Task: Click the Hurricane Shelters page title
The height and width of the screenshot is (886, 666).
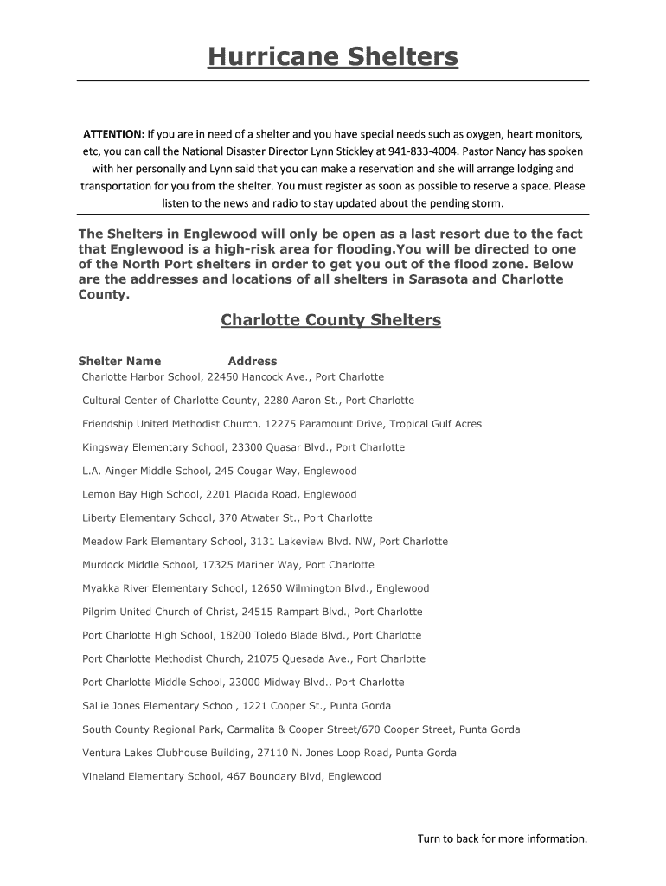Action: (x=333, y=58)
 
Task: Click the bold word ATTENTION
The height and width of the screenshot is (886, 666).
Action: (x=113, y=134)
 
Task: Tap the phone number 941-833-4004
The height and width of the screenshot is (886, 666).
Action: (x=420, y=151)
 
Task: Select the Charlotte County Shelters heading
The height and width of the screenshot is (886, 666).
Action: (x=330, y=321)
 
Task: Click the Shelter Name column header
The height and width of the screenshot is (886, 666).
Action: (x=119, y=361)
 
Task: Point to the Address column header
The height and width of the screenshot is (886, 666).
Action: (x=253, y=361)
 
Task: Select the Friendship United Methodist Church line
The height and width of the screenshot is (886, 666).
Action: (x=282, y=424)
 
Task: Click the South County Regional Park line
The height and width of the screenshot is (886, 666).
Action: (x=301, y=729)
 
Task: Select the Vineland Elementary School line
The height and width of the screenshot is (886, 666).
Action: (x=231, y=776)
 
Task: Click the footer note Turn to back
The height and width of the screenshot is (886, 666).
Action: (x=502, y=838)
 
